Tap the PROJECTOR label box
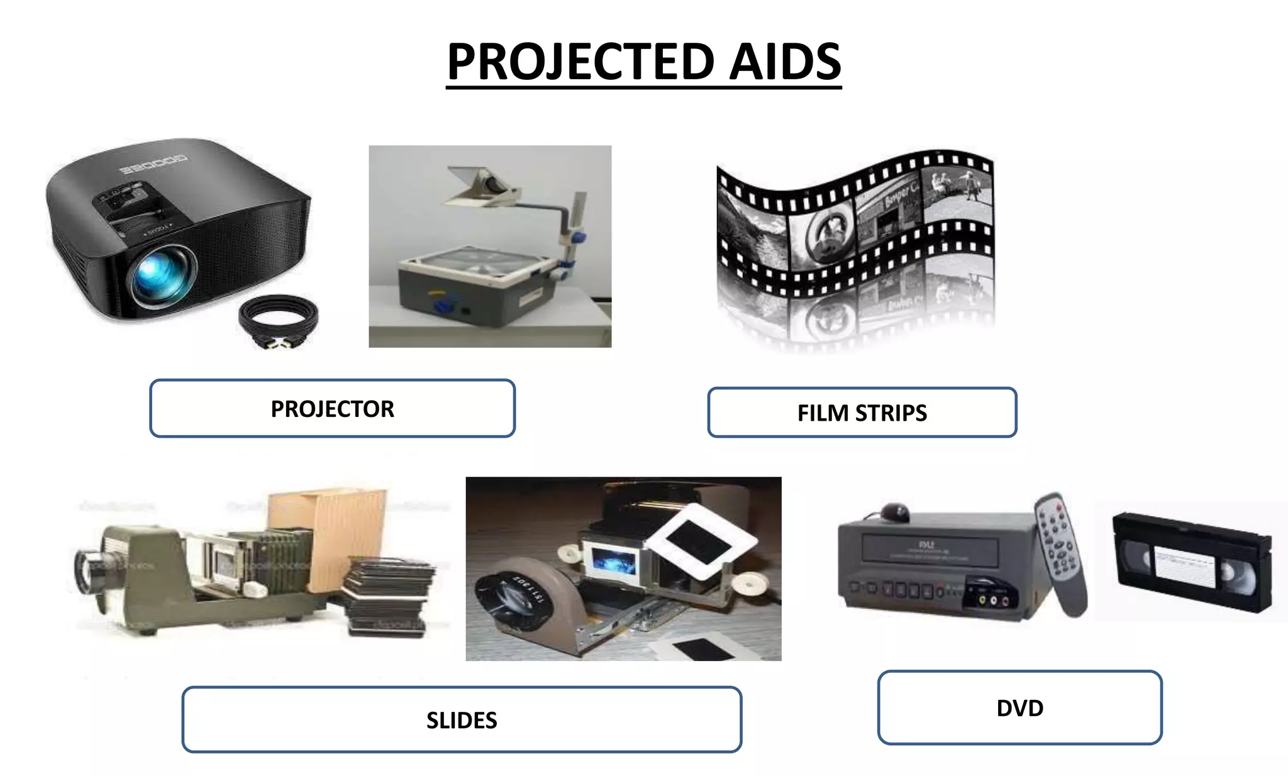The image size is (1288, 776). pyautogui.click(x=332, y=409)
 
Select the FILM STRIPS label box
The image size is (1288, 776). pyautogui.click(x=862, y=413)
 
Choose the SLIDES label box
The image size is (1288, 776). pyautogui.click(x=462, y=719)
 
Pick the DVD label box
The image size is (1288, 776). pyautogui.click(x=1019, y=708)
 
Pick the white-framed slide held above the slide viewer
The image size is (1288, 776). pyautogui.click(x=698, y=541)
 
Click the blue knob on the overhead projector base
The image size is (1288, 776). pyautogui.click(x=443, y=307)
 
